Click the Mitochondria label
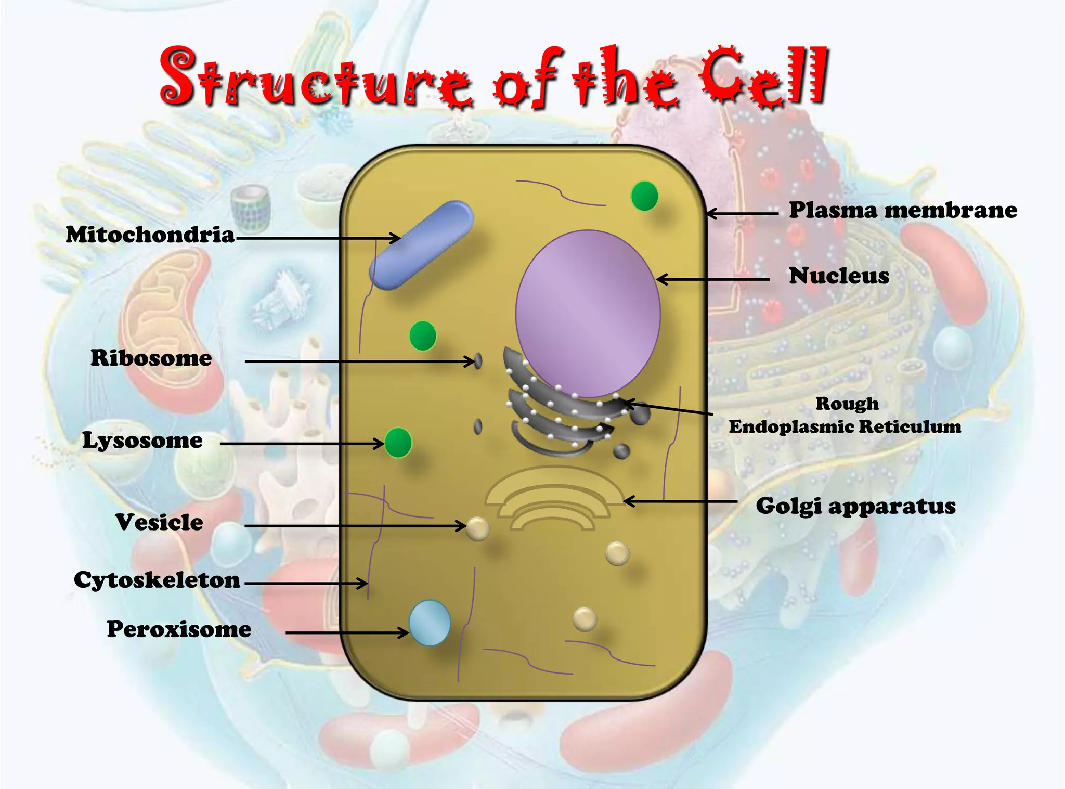[150, 235]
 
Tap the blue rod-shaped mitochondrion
[421, 245]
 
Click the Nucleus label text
[839, 276]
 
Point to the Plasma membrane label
[903, 210]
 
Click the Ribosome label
[151, 358]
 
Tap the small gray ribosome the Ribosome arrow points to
[478, 360]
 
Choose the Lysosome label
[142, 441]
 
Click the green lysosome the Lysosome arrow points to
[398, 443]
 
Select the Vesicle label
[159, 522]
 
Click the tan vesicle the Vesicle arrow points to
[477, 528]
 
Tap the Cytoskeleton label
[157, 580]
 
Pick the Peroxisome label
[179, 629]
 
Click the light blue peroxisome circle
[430, 623]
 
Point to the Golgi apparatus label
[855, 506]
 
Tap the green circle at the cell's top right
[644, 196]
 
